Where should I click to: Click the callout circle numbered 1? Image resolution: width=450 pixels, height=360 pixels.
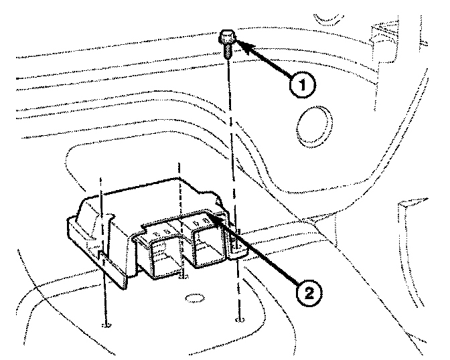[303, 86]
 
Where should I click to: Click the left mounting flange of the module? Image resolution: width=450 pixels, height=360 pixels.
[94, 251]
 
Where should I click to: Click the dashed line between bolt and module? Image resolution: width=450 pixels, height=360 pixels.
[230, 134]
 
